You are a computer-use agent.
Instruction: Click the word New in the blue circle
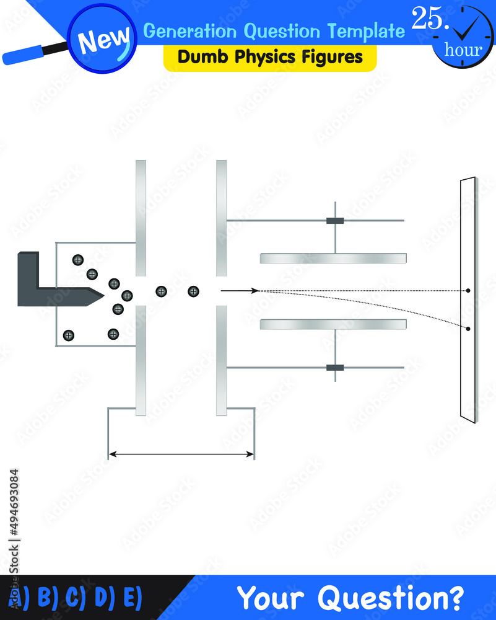pyautogui.click(x=103, y=40)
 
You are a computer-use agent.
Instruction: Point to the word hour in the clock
pyautogui.click(x=463, y=50)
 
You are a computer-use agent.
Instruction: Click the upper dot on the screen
pyautogui.click(x=468, y=291)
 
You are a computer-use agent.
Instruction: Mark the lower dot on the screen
pyautogui.click(x=468, y=329)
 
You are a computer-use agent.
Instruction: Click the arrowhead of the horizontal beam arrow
pyautogui.click(x=255, y=291)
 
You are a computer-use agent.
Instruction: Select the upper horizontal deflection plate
pyautogui.click(x=333, y=258)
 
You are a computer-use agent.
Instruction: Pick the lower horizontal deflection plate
pyautogui.click(x=333, y=324)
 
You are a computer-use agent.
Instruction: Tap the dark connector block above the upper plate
pyautogui.click(x=335, y=221)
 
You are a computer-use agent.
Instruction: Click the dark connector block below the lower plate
pyautogui.click(x=335, y=368)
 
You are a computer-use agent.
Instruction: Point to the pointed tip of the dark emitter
pyautogui.click(x=103, y=294)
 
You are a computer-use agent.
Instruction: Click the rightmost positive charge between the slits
pyautogui.click(x=193, y=292)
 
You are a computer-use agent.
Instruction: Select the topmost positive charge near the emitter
pyautogui.click(x=78, y=260)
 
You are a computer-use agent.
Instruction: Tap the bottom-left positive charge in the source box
pyautogui.click(x=68, y=335)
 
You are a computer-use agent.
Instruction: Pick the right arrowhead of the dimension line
pyautogui.click(x=250, y=454)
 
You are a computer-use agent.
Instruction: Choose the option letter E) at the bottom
pyautogui.click(x=133, y=597)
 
